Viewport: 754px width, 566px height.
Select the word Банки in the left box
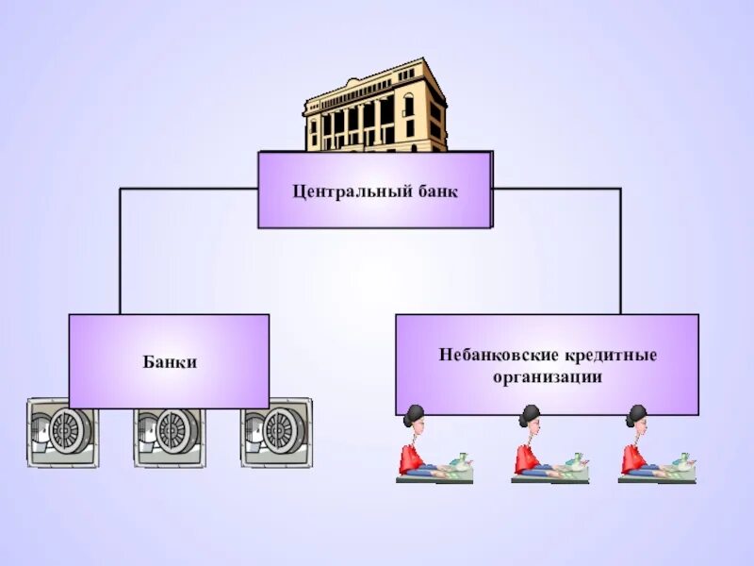tap(170, 362)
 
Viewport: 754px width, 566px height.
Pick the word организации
tap(547, 376)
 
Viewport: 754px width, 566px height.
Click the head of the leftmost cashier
tap(415, 420)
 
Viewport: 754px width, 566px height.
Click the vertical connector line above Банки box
tap(120, 251)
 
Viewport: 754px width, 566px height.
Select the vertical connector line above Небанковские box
tap(620, 251)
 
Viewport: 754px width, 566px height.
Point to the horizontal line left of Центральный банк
tap(188, 189)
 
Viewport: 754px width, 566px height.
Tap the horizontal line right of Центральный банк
tap(556, 189)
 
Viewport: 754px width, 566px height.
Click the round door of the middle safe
tap(173, 431)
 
